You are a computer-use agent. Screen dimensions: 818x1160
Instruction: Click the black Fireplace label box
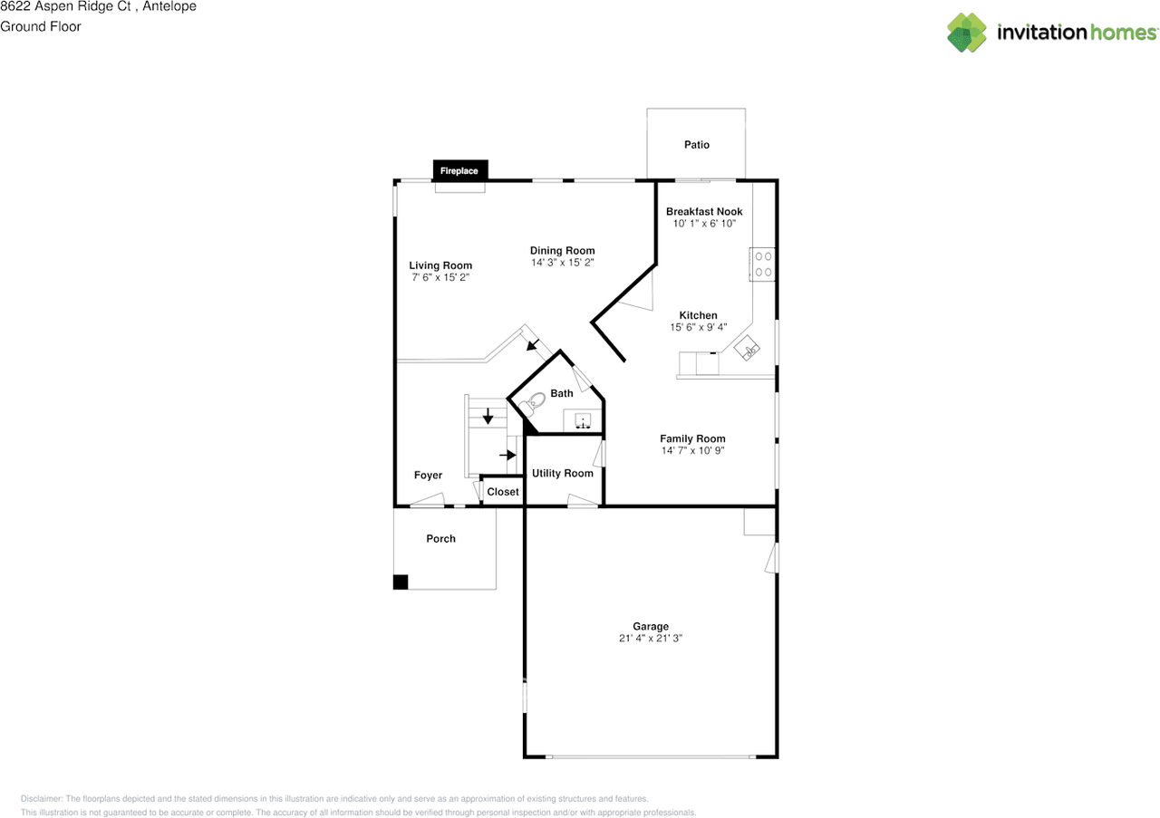[x=459, y=170]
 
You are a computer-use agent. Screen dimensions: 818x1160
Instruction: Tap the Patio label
[x=696, y=145]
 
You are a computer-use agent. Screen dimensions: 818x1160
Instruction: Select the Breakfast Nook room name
[x=704, y=211]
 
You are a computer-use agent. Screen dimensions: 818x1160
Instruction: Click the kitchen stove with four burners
[x=763, y=264]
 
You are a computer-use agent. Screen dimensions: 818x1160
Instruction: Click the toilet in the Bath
[x=535, y=400]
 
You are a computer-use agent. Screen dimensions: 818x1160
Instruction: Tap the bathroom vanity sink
[x=583, y=420]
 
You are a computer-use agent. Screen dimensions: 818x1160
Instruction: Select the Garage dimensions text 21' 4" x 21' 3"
[x=650, y=638]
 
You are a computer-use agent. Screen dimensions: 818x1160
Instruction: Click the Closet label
[x=503, y=492]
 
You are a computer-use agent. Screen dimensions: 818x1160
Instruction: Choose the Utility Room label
[x=562, y=473]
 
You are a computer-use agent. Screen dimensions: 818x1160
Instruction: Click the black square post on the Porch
[x=401, y=582]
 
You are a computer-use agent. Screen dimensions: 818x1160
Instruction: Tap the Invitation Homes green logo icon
[x=967, y=33]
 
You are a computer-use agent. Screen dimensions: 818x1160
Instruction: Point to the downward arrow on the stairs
[x=488, y=417]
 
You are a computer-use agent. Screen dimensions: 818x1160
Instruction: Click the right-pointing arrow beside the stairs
[x=507, y=454]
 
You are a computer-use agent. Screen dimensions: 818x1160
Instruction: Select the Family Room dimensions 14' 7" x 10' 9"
[x=692, y=450]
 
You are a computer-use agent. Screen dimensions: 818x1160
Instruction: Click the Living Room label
[x=440, y=265]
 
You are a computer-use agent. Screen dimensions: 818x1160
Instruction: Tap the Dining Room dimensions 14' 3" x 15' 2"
[x=562, y=262]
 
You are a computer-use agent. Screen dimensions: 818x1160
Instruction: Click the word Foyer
[x=428, y=476]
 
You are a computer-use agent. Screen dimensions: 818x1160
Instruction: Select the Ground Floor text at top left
[x=41, y=26]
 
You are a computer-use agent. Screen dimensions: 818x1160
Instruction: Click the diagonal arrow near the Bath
[x=533, y=344]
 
